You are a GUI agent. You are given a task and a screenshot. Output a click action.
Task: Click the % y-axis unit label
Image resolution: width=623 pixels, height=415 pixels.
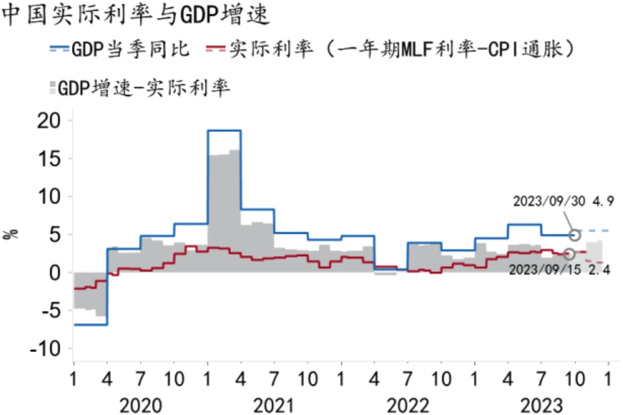pyautogui.click(x=12, y=235)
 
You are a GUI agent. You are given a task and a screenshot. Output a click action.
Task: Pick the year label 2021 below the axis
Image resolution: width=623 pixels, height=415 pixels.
pyautogui.click(x=274, y=405)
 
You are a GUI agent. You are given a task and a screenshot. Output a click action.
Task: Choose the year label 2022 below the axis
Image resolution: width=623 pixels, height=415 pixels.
pyautogui.click(x=408, y=405)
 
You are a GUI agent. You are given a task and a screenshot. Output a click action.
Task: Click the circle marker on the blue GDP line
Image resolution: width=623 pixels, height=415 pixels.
pyautogui.click(x=575, y=235)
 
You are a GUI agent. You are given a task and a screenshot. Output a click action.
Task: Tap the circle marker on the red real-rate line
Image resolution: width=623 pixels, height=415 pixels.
pyautogui.click(x=569, y=254)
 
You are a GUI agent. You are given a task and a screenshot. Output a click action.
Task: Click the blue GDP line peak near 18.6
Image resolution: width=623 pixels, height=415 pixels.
pyautogui.click(x=224, y=131)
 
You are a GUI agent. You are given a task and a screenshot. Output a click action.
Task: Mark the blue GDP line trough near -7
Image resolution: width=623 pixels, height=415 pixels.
pyautogui.click(x=91, y=325)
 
